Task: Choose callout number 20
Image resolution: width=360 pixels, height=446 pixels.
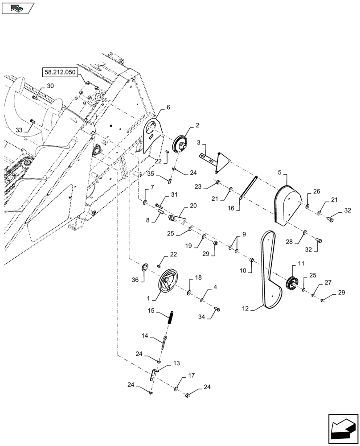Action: (193, 206)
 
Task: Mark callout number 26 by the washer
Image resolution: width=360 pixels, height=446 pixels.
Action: (316, 192)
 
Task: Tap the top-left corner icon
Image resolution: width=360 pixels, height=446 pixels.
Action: (18, 8)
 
